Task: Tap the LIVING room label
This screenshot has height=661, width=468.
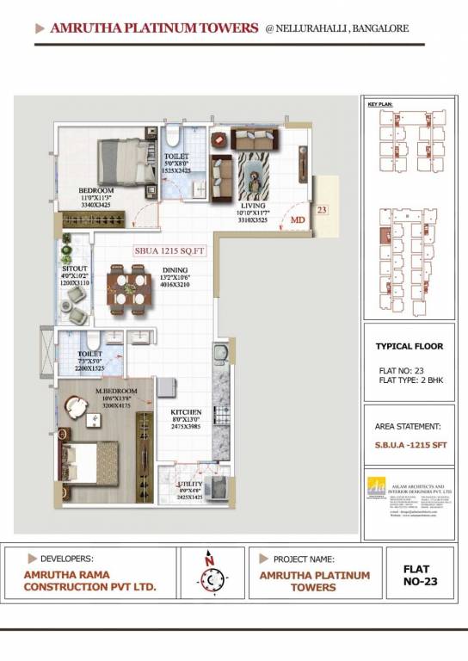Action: [x=253, y=207]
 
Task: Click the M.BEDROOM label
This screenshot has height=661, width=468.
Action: [x=114, y=398]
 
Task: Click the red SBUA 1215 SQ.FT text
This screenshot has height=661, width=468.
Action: [x=165, y=251]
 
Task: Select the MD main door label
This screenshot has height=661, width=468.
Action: [x=298, y=220]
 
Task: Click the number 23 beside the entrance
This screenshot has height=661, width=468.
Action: [x=322, y=209]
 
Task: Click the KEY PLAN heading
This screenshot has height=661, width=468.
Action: [x=379, y=103]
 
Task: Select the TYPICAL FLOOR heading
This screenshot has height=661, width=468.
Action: [x=409, y=347]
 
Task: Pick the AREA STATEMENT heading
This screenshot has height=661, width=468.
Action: [x=409, y=426]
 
